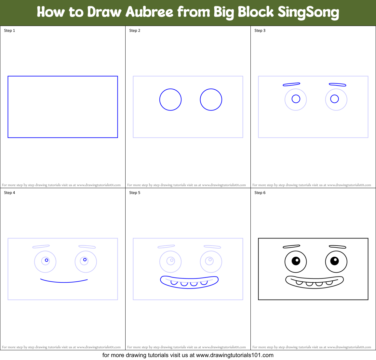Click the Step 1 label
[9, 31]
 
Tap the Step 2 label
[135, 31]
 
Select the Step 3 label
[260, 31]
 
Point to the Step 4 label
[9, 193]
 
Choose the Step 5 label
[135, 193]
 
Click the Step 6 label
[260, 193]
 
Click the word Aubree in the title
[149, 12]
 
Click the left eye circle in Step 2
[170, 100]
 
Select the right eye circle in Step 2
[211, 100]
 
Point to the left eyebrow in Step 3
[291, 84]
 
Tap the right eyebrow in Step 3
[337, 84]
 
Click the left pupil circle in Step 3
[296, 99]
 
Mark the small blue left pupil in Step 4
[47, 260]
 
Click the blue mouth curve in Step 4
[64, 282]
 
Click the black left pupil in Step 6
[296, 261]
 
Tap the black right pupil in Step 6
[334, 261]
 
